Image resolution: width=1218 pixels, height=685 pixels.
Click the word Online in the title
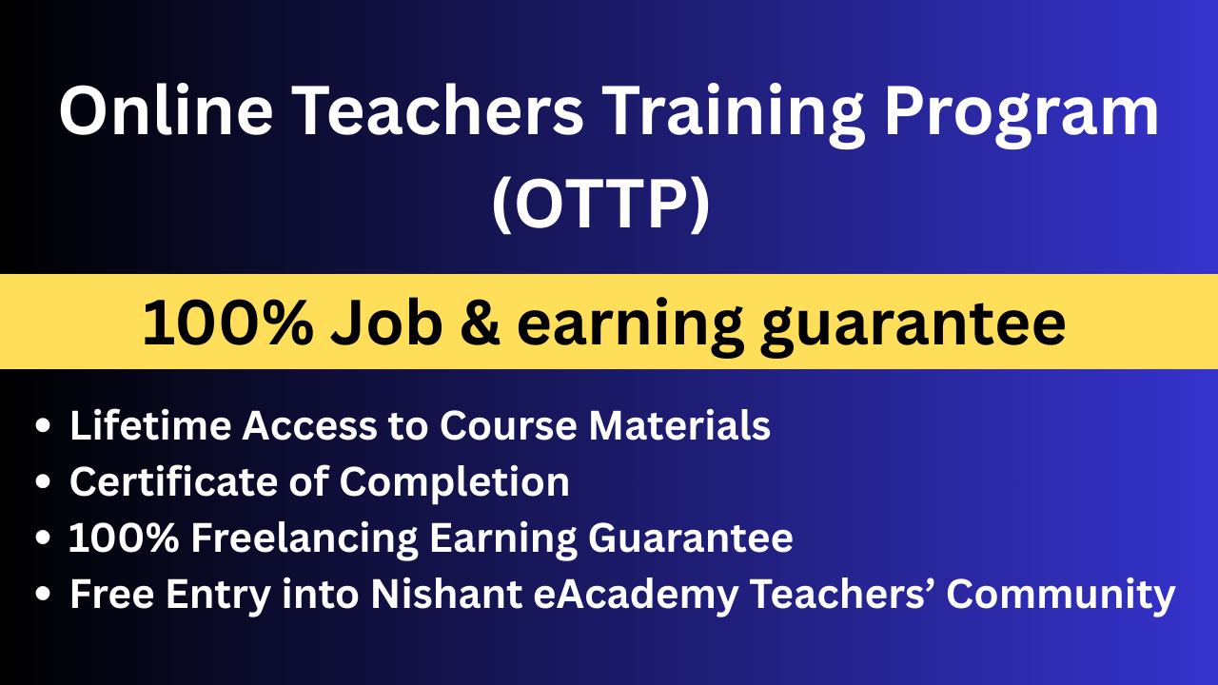(166, 110)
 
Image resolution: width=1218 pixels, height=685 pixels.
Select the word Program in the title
(1021, 116)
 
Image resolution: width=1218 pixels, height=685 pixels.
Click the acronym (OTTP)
(600, 205)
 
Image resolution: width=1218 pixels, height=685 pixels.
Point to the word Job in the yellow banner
(386, 323)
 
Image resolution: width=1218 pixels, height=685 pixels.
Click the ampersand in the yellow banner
(480, 324)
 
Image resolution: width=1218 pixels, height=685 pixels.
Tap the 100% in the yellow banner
(227, 323)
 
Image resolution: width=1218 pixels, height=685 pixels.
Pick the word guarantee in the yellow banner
(913, 328)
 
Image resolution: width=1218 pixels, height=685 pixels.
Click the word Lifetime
(150, 425)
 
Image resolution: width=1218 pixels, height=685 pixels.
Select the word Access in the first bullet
(309, 425)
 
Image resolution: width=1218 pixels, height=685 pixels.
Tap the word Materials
(679, 425)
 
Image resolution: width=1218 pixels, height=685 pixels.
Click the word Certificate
(173, 481)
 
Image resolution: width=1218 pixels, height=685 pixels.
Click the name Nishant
(447, 595)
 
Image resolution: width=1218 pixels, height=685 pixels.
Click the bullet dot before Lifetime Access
(43, 425)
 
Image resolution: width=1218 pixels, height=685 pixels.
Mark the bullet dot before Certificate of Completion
(43, 481)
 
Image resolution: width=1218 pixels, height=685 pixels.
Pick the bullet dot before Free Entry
(43, 595)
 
